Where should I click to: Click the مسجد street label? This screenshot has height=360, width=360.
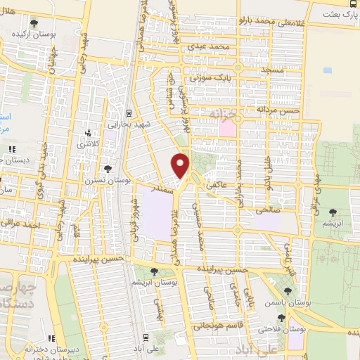(x=288, y=72)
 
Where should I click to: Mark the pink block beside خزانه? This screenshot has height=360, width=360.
(x=227, y=129)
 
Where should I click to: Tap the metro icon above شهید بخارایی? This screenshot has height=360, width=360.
(x=129, y=112)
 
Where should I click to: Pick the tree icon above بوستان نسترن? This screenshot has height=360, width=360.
(x=107, y=169)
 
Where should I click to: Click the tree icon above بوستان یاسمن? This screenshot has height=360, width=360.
(x=288, y=290)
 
